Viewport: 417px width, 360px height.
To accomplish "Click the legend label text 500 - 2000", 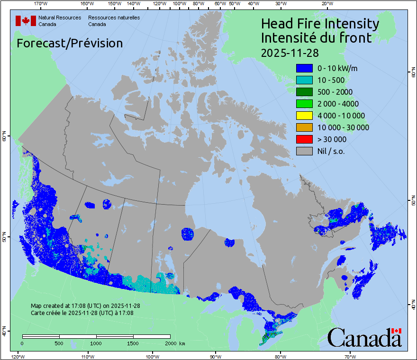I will pos(335,92).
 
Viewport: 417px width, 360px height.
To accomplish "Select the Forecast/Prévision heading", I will pos(70,43).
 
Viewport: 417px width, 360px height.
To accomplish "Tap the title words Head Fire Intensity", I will pos(320,24).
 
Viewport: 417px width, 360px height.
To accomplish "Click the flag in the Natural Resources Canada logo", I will pos(26,21).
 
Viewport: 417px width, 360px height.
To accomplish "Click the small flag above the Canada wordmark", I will pos(397,331).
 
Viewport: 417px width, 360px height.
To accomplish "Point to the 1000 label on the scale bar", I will pos(96,343).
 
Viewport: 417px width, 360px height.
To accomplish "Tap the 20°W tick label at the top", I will pos(326,4).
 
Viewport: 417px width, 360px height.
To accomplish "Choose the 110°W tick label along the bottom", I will pos(87,356).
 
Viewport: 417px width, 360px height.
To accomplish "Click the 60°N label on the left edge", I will pos(4,138).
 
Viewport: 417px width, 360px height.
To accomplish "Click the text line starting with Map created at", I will pos(85,306).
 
